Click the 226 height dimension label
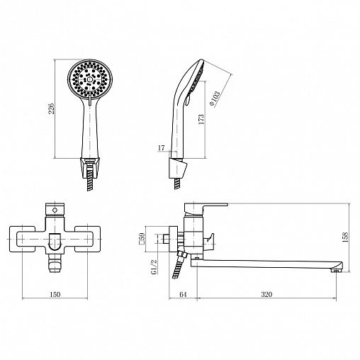pos(52,108)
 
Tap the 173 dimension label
pos(201,120)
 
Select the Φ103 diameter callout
pos(215,98)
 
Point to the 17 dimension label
pos(162,148)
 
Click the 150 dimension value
pos(55,294)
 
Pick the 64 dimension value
pos(183,294)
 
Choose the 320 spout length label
pos(266,294)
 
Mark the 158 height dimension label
pos(345,237)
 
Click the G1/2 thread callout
pos(154,266)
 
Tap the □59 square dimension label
pos(142,239)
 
